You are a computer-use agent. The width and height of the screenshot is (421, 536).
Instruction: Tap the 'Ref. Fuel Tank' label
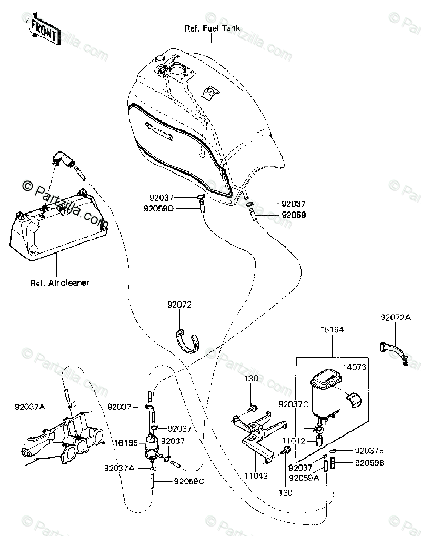212,28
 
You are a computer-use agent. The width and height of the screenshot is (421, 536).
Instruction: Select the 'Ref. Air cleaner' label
59,282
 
